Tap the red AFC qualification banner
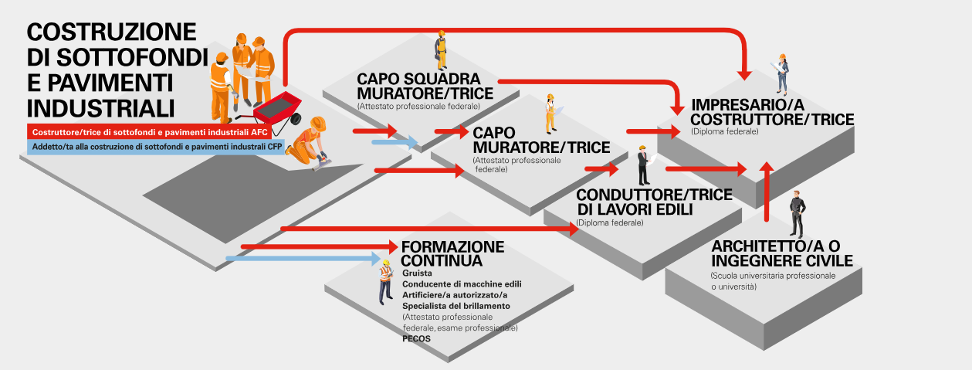154,132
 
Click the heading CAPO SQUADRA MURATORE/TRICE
418,87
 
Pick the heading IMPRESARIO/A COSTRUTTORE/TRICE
772,112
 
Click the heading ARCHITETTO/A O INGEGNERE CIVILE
781,253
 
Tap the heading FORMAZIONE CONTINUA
452,253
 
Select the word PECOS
416,338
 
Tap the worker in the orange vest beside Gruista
385,283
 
